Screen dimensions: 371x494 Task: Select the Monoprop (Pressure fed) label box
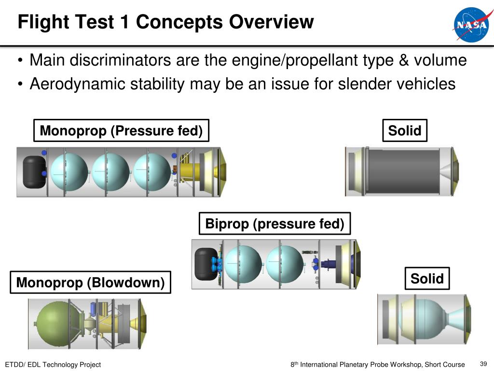[121, 130]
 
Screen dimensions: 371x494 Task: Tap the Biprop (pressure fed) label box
[274, 224]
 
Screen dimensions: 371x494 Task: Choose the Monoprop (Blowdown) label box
[91, 282]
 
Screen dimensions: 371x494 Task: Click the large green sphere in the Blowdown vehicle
[52, 323]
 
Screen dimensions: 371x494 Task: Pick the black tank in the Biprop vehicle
[206, 263]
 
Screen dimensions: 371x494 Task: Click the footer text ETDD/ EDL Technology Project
[53, 365]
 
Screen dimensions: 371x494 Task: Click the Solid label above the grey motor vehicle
[405, 130]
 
